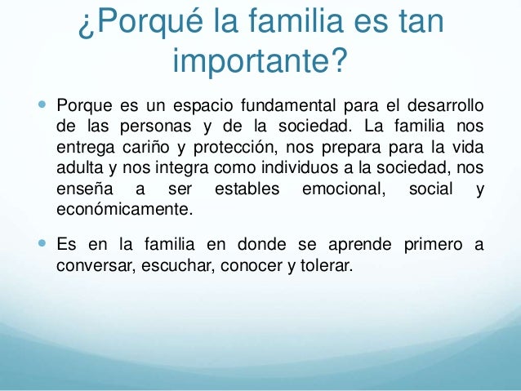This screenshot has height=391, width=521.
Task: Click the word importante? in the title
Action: click(x=260, y=62)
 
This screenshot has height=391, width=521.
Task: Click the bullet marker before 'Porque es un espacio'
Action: click(x=42, y=107)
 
